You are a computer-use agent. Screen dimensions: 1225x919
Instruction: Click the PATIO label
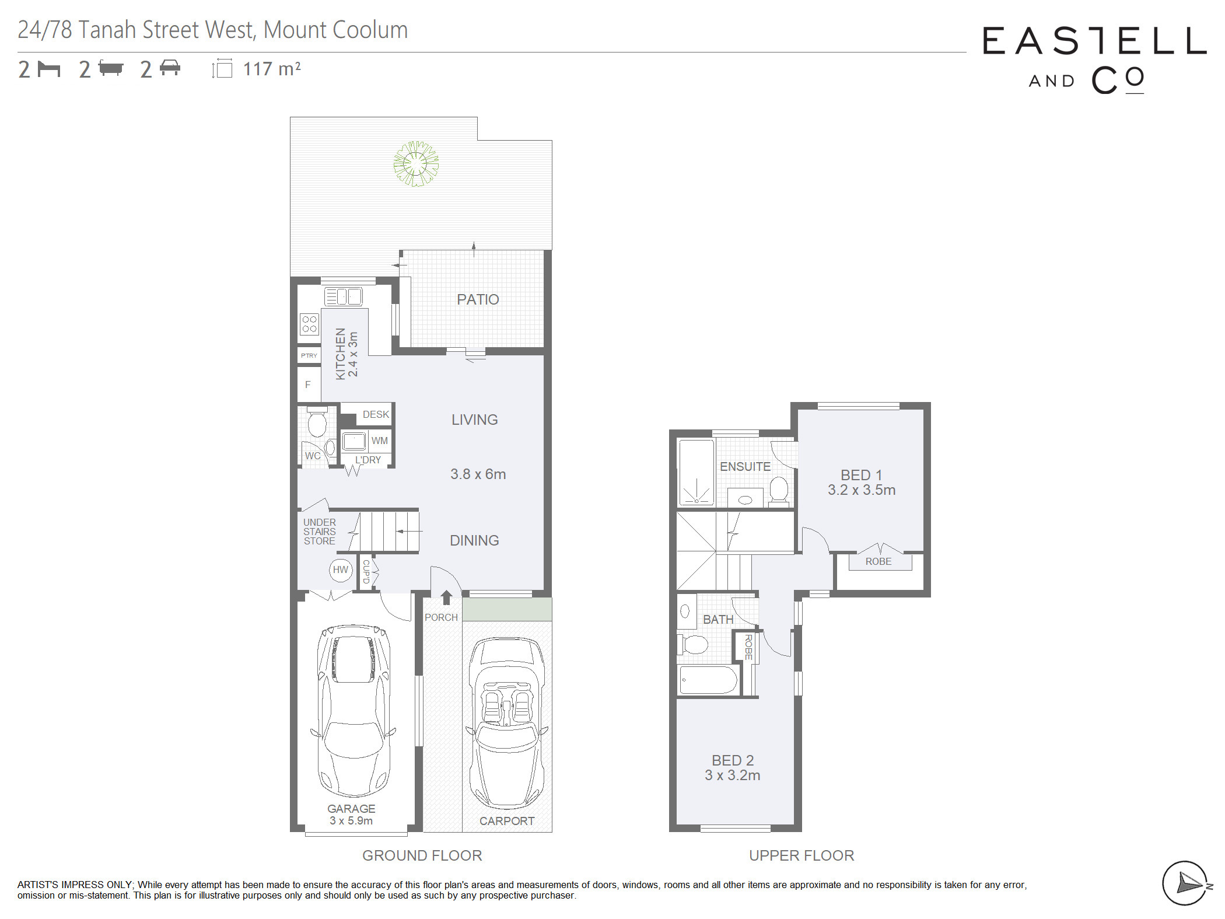[x=478, y=299]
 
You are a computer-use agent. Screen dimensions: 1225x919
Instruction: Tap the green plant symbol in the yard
[x=416, y=163]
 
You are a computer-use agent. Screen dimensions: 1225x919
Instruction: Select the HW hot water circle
[x=341, y=569]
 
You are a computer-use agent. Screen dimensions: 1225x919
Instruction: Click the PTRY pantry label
[x=309, y=355]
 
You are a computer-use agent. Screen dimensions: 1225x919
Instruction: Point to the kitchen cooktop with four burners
[x=310, y=324]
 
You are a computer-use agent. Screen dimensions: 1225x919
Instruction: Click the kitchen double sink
[x=344, y=296]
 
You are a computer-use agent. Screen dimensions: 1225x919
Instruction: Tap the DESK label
[x=376, y=414]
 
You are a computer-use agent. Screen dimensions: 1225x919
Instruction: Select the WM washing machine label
[x=380, y=441]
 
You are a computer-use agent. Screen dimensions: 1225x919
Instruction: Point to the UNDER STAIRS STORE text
[x=320, y=532]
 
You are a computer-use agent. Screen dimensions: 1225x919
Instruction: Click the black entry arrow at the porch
[x=446, y=597]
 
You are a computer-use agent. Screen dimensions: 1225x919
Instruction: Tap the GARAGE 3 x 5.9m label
[x=351, y=815]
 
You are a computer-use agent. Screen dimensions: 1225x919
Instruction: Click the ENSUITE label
[x=745, y=467]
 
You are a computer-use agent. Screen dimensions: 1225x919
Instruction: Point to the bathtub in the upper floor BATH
[x=709, y=680]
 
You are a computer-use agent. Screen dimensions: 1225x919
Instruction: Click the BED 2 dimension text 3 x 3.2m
[x=733, y=775]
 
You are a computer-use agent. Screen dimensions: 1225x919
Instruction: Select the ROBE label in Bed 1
[x=878, y=561]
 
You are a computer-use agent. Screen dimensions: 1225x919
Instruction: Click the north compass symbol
[x=1185, y=883]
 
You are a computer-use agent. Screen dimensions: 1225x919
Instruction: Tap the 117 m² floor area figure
[x=272, y=69]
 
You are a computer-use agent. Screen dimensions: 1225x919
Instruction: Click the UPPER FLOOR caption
[x=801, y=855]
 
